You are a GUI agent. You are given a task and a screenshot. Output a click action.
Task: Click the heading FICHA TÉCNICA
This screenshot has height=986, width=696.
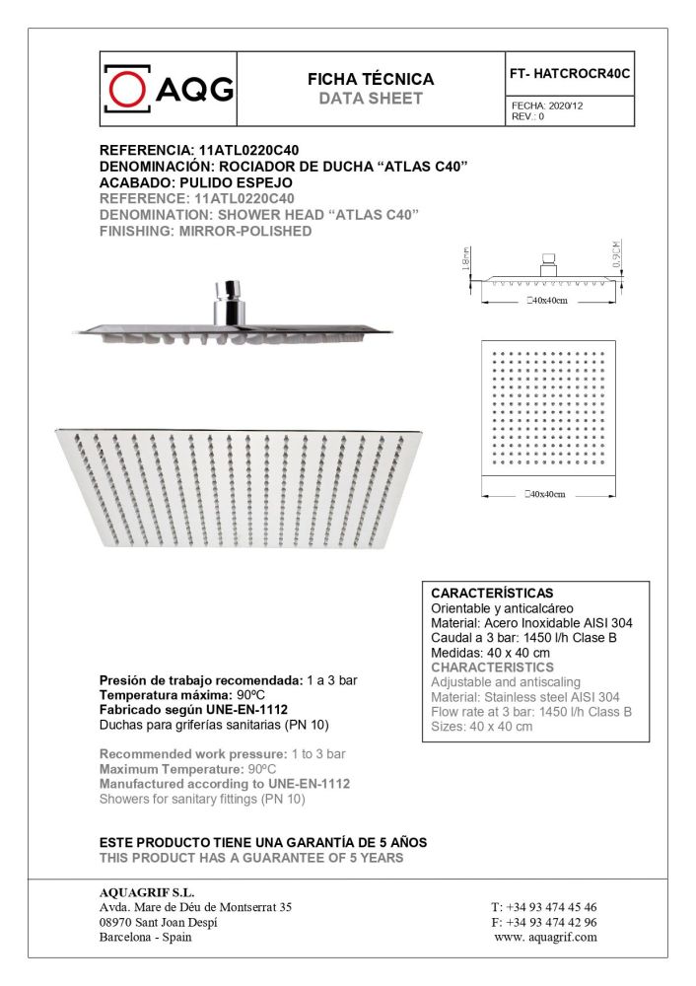(371, 79)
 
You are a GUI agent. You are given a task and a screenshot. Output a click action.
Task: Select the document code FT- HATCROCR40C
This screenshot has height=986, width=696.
(569, 73)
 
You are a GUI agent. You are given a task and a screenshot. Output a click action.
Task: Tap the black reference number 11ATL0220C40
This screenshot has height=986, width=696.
(243, 151)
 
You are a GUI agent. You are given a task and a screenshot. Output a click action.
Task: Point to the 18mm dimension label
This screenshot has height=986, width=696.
(464, 259)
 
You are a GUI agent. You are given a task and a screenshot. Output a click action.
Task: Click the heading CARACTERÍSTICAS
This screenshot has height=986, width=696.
(492, 594)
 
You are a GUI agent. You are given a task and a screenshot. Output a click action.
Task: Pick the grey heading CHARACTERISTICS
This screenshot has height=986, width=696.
(492, 668)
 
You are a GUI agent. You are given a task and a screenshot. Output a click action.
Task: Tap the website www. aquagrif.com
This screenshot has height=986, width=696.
(546, 937)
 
